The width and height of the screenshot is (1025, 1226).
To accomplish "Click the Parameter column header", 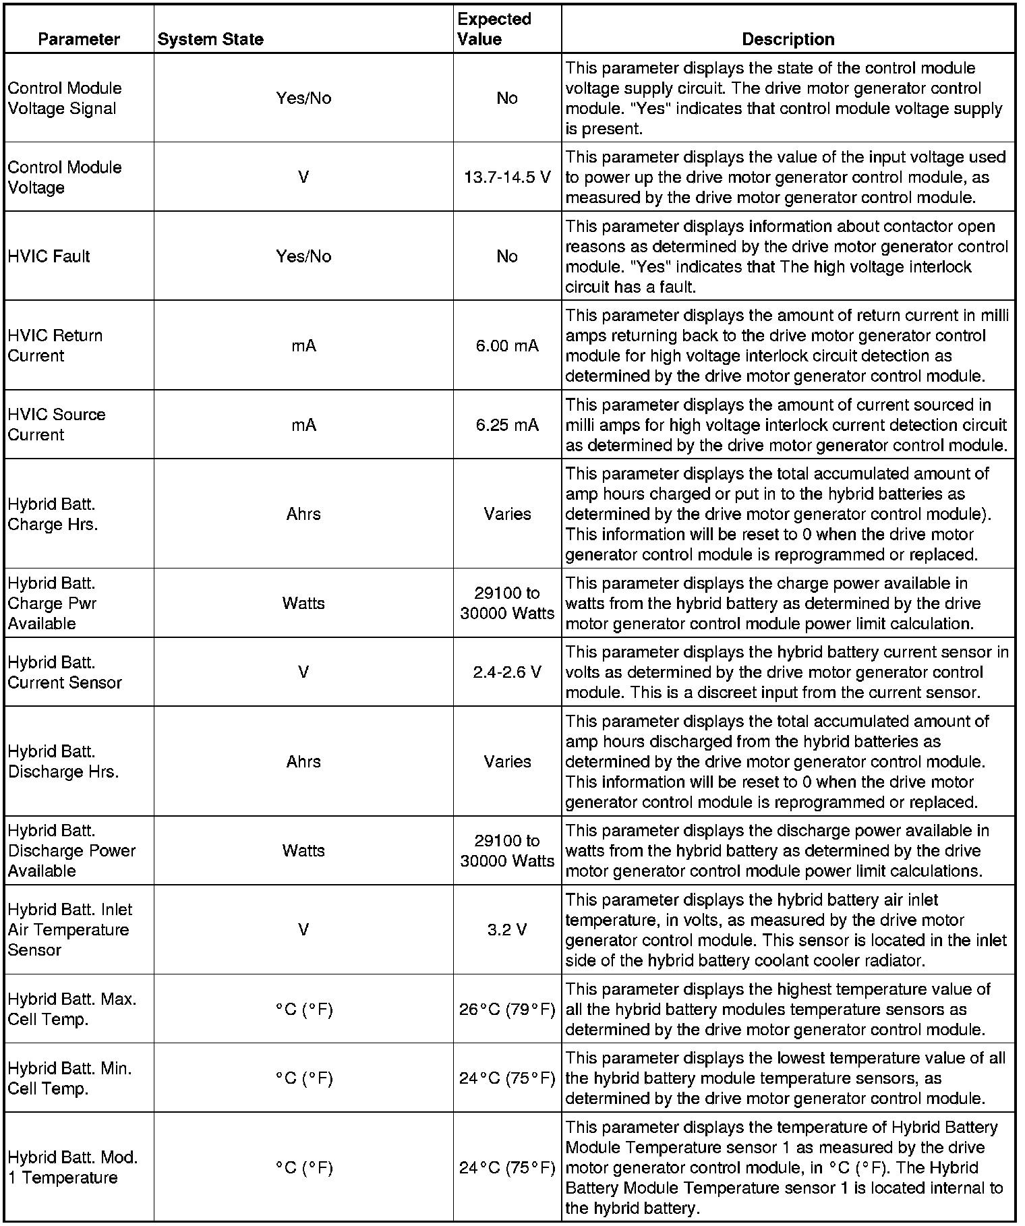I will click(x=79, y=39).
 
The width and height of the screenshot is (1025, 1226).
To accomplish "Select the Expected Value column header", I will click(x=494, y=29).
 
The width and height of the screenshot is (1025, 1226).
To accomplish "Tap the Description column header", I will click(x=788, y=39).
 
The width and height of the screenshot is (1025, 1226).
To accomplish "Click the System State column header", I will click(x=210, y=39).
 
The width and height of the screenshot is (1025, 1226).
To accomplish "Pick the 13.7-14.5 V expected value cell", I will click(x=507, y=177).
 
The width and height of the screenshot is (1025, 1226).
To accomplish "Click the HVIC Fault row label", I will click(x=49, y=256).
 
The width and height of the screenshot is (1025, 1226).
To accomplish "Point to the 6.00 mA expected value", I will click(x=507, y=346).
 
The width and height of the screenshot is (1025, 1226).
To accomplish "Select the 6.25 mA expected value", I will click(x=507, y=425).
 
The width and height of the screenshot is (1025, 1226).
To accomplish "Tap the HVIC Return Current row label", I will click(x=55, y=346).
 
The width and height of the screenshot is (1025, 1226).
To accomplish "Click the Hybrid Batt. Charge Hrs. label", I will click(x=53, y=515).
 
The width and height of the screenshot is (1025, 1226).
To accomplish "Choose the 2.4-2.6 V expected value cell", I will click(x=507, y=672).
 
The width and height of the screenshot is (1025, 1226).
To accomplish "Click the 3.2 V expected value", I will click(x=507, y=930).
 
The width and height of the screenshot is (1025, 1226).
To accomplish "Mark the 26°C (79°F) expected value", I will click(x=507, y=1010).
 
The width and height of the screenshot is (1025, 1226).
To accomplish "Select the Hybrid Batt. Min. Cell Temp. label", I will click(x=69, y=1078).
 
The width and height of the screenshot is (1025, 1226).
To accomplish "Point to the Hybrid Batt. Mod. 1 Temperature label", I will click(x=72, y=1167).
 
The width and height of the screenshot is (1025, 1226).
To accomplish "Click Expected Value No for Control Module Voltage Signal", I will click(x=507, y=98).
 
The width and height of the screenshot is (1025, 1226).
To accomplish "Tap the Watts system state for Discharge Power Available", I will click(x=303, y=850).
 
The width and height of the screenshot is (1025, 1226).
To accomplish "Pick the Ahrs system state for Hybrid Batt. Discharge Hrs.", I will click(x=303, y=761).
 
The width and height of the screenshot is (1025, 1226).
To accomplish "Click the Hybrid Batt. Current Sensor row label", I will click(x=65, y=672).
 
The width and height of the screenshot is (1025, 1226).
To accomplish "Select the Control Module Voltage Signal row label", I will click(x=65, y=98).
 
